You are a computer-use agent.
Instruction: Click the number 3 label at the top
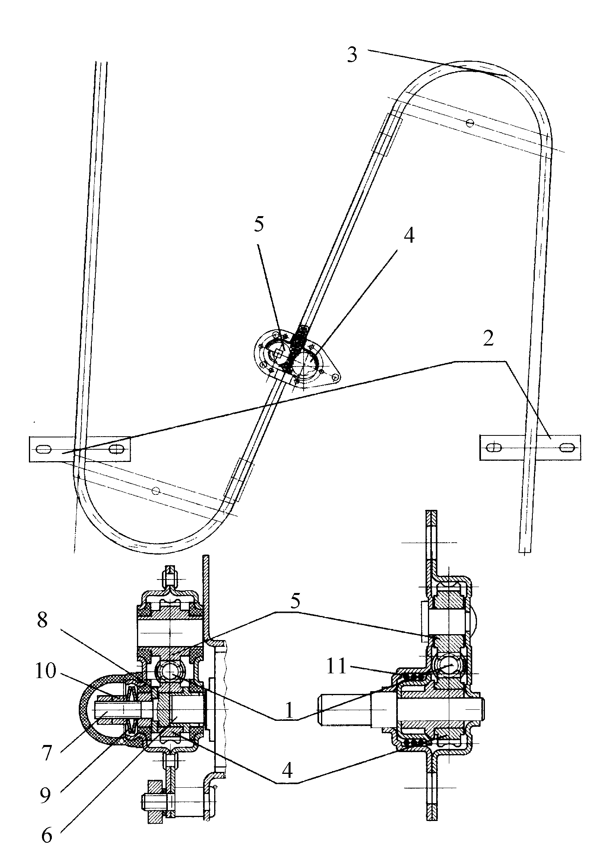tap(352, 54)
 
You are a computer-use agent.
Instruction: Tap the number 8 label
tap(42, 621)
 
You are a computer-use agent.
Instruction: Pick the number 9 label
tap(45, 795)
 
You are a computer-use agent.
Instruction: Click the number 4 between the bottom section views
tap(287, 770)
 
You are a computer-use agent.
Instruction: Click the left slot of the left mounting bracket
tap(44, 449)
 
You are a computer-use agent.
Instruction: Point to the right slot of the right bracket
tap(567, 448)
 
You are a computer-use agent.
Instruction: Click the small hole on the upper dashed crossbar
tap(470, 123)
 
